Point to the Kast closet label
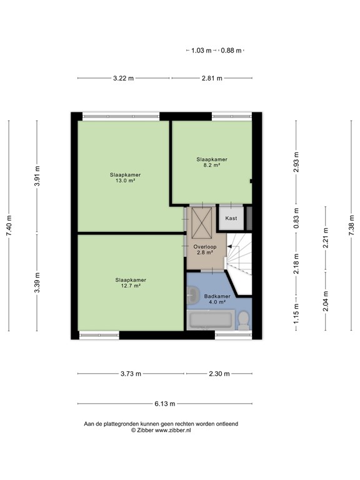click(231, 218)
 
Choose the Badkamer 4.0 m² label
click(216, 299)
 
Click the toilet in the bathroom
click(245, 321)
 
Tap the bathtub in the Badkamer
click(211, 321)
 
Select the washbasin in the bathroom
click(192, 294)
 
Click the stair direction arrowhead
click(229, 248)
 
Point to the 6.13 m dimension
click(165, 403)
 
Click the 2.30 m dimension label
click(219, 374)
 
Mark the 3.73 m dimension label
click(131, 374)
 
